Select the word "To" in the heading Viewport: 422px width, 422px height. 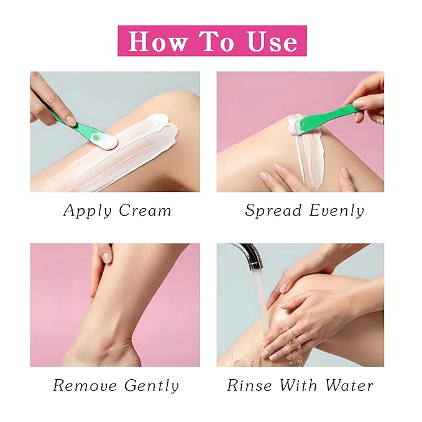[x=217, y=41]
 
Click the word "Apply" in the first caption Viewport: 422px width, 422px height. [x=88, y=211]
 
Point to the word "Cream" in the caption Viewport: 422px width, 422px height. [x=145, y=210]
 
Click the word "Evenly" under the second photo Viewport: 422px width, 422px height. [x=337, y=211]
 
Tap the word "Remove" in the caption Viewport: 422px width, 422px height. [x=85, y=385]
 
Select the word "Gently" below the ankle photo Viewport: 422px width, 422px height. [x=152, y=386]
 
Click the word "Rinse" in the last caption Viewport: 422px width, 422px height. [x=249, y=385]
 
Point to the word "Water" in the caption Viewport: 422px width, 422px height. [x=349, y=385]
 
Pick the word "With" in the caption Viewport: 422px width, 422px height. [x=299, y=385]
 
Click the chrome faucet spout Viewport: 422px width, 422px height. [x=250, y=255]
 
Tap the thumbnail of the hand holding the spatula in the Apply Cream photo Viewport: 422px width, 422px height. [x=71, y=120]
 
